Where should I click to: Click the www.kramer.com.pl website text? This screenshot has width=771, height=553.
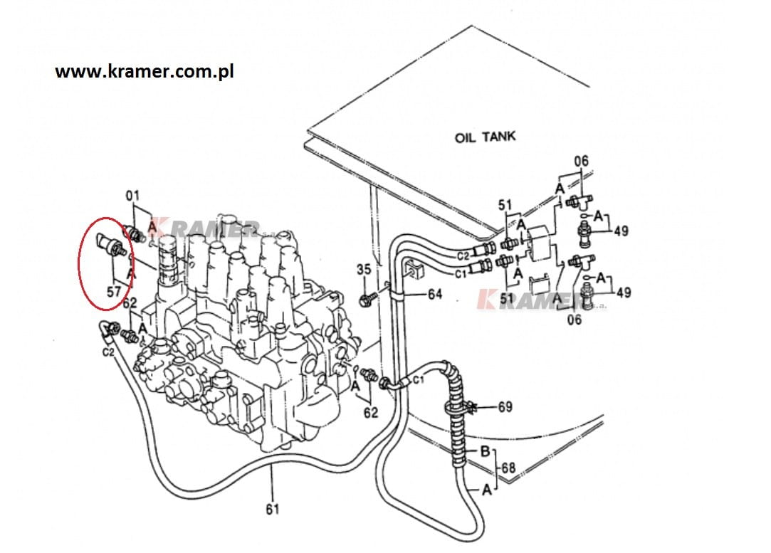tap(144, 72)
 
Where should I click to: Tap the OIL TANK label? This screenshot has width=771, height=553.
tap(486, 136)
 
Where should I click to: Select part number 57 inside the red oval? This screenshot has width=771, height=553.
tap(114, 292)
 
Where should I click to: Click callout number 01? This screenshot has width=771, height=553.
tap(132, 196)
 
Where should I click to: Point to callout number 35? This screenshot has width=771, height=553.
tap(364, 269)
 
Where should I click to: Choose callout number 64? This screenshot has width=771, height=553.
tap(435, 294)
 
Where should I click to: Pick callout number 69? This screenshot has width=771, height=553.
tap(505, 407)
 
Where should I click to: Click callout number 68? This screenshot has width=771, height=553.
tap(508, 468)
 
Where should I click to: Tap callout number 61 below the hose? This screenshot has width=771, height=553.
tap(273, 510)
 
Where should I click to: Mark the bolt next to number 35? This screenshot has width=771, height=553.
tap(368, 299)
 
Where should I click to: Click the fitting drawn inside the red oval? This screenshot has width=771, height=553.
tap(111, 244)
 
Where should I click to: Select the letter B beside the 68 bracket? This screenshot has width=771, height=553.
tap(485, 451)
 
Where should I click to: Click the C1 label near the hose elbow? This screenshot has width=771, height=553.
tap(418, 379)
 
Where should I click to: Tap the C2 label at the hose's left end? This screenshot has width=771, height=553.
tap(108, 352)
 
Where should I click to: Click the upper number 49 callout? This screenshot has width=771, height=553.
tap(621, 231)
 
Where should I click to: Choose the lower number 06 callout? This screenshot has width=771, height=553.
tap(575, 320)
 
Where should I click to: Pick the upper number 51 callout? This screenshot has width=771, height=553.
tap(505, 205)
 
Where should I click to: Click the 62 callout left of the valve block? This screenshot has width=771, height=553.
tap(130, 303)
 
